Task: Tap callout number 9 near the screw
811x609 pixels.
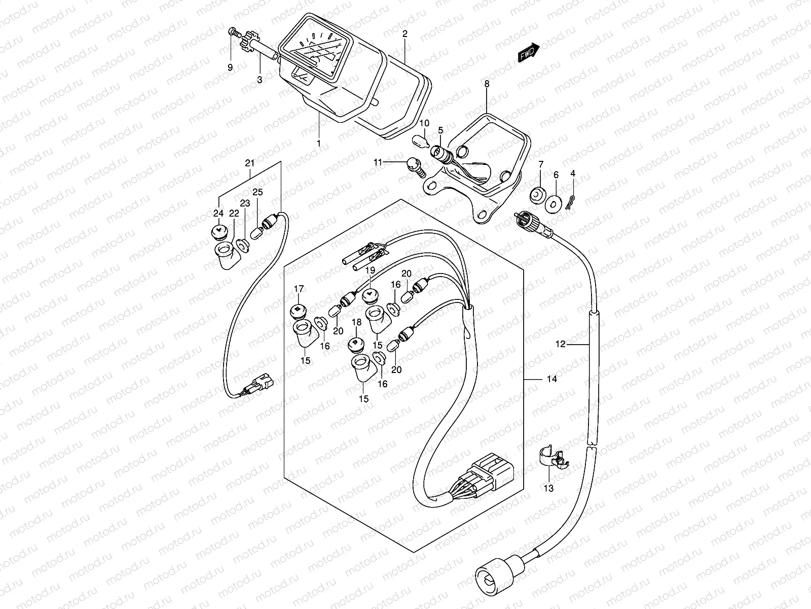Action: pos(230,67)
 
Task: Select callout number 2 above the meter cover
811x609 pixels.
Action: pos(404,34)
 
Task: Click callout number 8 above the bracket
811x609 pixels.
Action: pos(487,84)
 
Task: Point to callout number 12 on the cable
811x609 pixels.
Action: pos(560,344)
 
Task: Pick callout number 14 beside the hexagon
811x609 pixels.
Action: pos(551,379)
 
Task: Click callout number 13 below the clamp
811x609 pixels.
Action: pos(548,488)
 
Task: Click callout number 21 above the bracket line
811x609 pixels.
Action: pos(249,163)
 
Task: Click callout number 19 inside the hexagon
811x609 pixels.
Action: pos(370,270)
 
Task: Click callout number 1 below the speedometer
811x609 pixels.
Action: pos(319,144)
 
